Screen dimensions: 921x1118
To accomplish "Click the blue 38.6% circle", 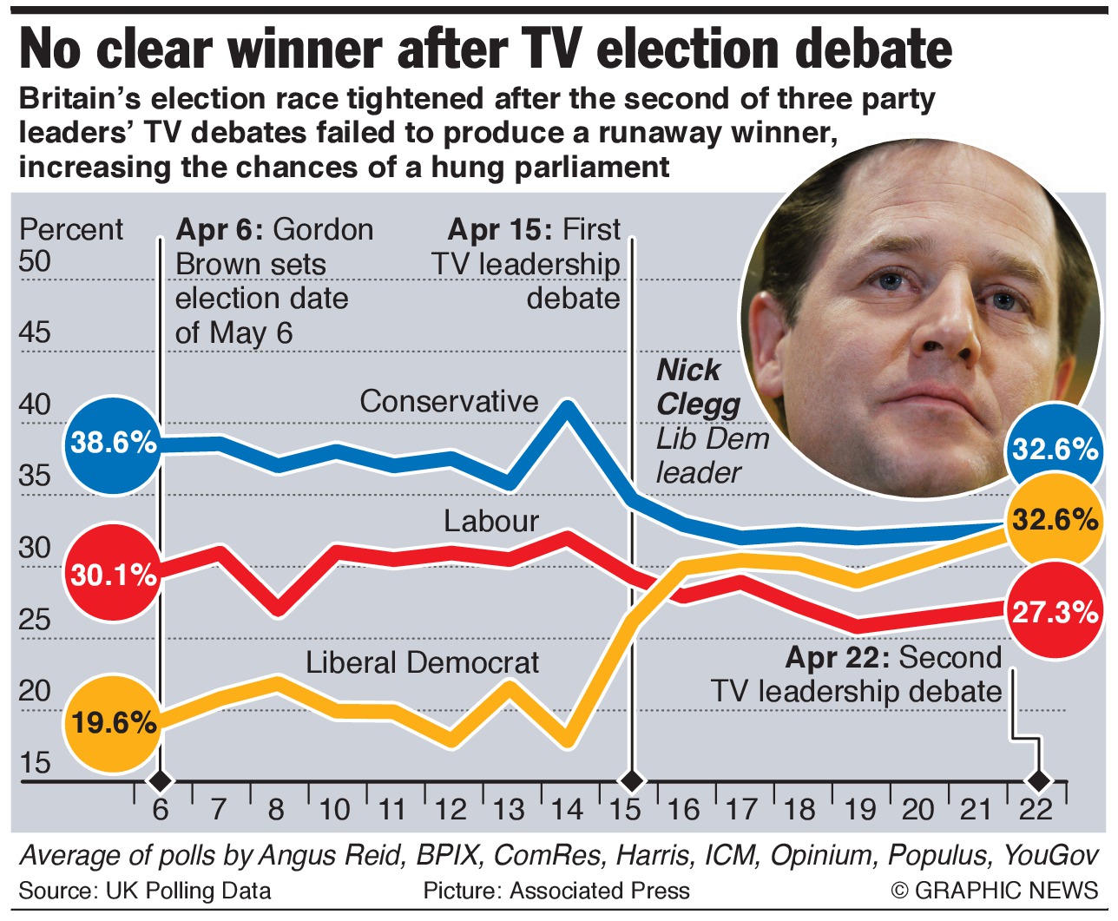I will point(113,444).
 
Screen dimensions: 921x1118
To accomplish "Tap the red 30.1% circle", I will point(113,575).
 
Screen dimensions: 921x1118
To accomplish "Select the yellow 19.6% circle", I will point(113,722).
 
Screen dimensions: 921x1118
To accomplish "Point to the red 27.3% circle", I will point(1054,612).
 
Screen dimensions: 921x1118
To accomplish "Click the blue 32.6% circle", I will point(1054,449).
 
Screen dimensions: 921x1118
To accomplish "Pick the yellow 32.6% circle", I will point(1054,520).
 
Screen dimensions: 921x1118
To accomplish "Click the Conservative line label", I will point(449,401).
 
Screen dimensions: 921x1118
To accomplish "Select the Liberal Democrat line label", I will point(422,662).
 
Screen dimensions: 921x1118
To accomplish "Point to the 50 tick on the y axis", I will point(36,260).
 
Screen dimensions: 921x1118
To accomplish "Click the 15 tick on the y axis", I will point(36,763).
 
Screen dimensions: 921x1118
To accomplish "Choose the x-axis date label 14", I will point(568,809).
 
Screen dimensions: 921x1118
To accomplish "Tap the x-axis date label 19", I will point(859,809).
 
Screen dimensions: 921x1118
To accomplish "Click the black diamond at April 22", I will point(1038,780).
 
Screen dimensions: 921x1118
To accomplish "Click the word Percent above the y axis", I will point(71,229).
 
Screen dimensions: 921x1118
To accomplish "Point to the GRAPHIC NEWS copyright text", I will point(994,891).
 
